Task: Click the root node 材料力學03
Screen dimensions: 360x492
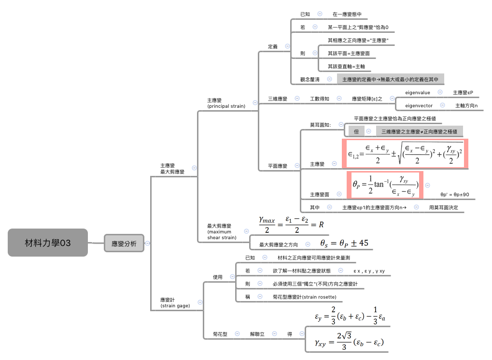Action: coord(48,243)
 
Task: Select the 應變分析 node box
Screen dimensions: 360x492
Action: coord(124,244)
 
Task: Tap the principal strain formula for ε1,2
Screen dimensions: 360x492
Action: coord(405,154)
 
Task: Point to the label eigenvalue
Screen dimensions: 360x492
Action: coord(418,92)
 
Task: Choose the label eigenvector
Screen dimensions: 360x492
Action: coord(419,105)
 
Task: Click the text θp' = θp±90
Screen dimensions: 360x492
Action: coord(454,195)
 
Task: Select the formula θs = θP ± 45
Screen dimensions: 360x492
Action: coord(344,243)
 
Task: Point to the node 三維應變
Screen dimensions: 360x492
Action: coord(278,99)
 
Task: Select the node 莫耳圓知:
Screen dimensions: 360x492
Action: coord(320,125)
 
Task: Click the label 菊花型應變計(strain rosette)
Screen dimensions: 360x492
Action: coord(304,297)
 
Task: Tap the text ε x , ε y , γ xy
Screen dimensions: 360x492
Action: coord(369,271)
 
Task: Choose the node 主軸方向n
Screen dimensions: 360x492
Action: coord(466,105)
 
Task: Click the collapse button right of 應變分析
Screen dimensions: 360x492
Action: coord(147,244)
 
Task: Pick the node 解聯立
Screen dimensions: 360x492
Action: coord(257,334)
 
